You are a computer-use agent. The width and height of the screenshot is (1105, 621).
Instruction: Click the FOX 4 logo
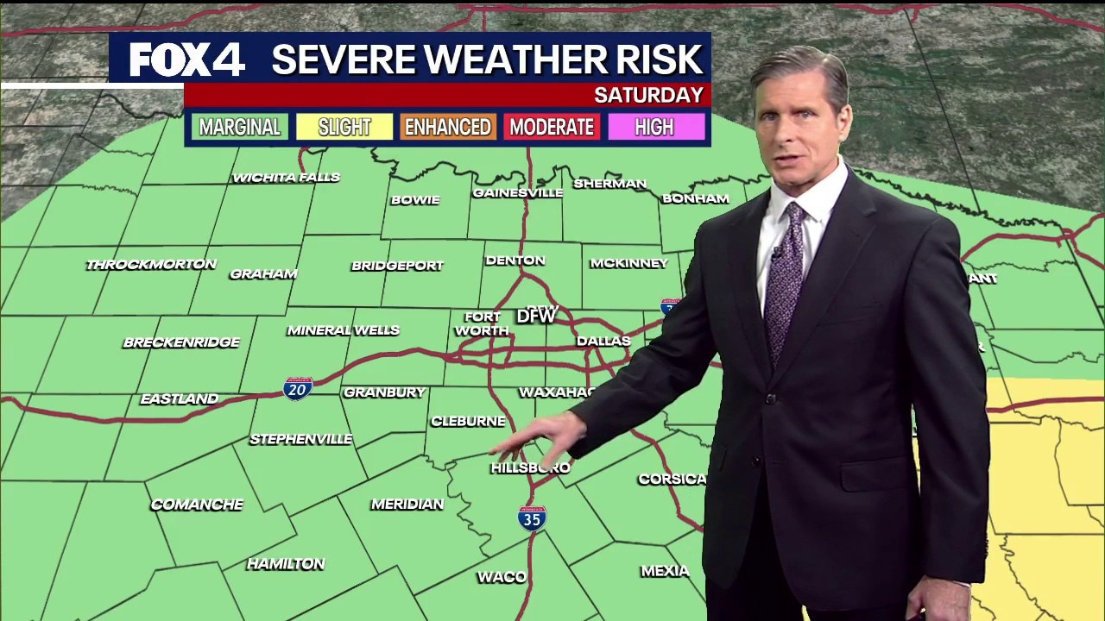[186, 60]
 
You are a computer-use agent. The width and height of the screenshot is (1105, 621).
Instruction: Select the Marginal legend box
[240, 128]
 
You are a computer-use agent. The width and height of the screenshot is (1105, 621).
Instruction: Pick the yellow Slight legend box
[344, 128]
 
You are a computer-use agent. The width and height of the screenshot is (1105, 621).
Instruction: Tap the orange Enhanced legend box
[448, 128]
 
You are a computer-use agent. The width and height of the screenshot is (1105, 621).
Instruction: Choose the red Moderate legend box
[552, 128]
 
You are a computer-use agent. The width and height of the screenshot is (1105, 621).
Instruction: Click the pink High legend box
[654, 128]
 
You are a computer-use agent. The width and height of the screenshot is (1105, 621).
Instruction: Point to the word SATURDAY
[648, 95]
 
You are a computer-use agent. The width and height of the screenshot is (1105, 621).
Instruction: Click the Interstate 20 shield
[298, 388]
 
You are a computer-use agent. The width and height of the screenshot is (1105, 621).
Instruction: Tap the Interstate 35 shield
[532, 517]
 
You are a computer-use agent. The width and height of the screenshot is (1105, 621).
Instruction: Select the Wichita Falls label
[286, 178]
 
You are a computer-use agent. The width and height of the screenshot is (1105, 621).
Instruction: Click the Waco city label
[502, 577]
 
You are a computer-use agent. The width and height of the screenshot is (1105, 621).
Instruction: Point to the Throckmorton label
[151, 264]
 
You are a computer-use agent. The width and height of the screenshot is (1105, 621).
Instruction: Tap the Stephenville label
[301, 439]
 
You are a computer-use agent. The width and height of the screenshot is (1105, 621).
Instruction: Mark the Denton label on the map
[515, 260]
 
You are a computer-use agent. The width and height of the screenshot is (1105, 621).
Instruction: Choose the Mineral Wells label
[344, 330]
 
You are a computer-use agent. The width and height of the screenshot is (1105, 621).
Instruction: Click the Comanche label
[197, 505]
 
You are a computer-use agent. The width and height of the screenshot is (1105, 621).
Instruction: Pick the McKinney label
[629, 263]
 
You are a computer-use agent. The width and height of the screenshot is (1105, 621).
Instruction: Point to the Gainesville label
[518, 193]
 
